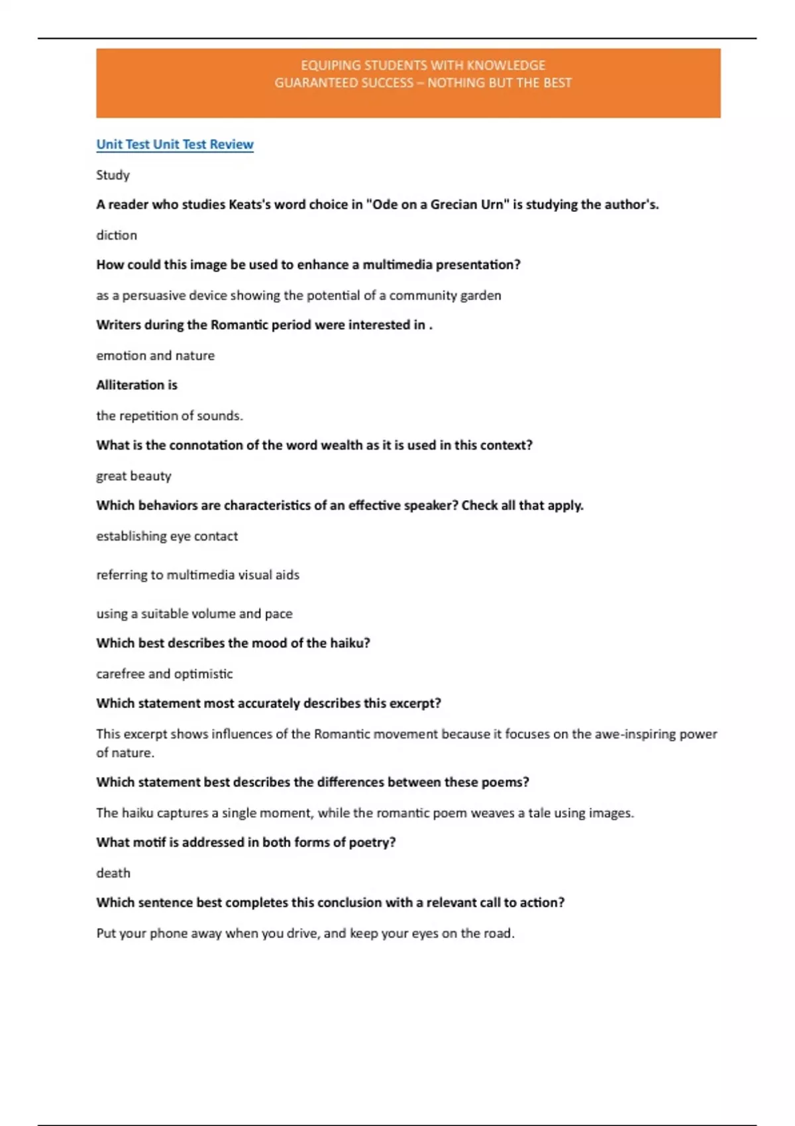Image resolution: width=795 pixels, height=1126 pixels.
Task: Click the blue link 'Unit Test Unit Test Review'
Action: pos(175,144)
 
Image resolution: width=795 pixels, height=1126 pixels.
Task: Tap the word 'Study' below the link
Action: pos(113,175)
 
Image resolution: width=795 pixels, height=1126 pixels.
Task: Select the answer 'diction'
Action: pos(117,235)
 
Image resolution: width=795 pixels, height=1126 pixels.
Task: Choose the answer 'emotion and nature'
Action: pos(155,356)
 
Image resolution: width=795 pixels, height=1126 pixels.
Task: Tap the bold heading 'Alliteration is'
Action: pos(136,385)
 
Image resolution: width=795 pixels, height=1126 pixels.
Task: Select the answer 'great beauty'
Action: pos(133,476)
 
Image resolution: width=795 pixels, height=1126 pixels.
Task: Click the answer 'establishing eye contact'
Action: pos(167,536)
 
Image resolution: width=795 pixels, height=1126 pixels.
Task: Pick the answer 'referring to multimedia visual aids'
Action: pos(197,575)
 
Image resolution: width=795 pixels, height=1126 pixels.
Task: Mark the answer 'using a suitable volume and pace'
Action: pos(194,614)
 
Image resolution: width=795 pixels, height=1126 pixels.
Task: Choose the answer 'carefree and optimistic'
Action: pos(164,674)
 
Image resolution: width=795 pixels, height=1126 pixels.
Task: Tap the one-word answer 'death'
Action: pos(113,873)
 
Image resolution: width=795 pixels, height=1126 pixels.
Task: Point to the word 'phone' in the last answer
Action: pos(168,933)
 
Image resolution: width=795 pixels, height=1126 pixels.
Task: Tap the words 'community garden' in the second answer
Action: pos(445,295)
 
